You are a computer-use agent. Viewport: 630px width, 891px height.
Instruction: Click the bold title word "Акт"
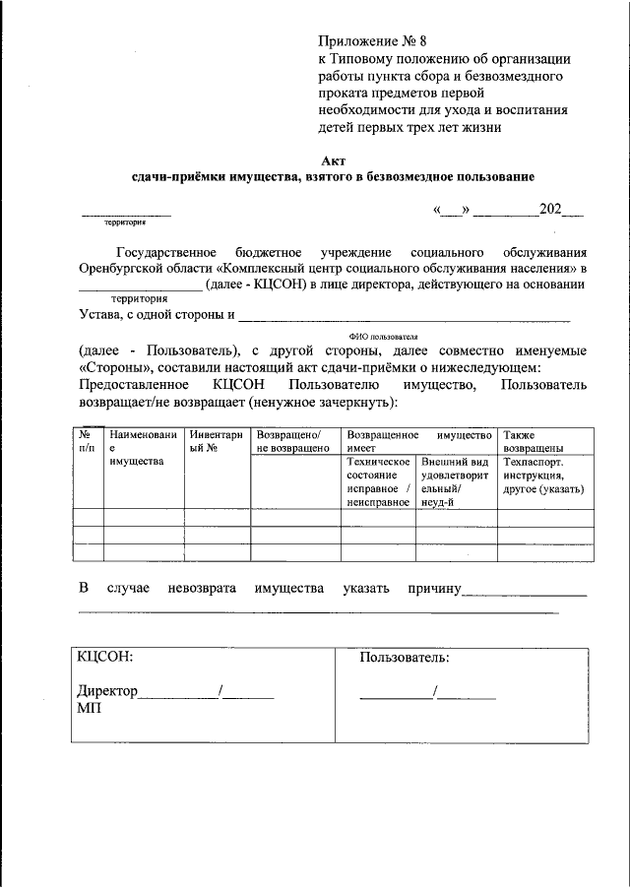pyautogui.click(x=334, y=159)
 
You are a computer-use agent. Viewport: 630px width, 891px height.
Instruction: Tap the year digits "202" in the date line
pyautogui.click(x=550, y=210)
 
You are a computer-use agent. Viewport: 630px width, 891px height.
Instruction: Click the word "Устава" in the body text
pyautogui.click(x=101, y=316)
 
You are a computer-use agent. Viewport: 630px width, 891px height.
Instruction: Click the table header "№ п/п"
pyautogui.click(x=88, y=440)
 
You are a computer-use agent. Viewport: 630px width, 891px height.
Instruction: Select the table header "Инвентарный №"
pyautogui.click(x=217, y=440)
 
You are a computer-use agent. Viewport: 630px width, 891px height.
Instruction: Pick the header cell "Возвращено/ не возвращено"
pyautogui.click(x=292, y=440)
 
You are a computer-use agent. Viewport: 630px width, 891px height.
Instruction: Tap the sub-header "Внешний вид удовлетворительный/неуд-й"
pyautogui.click(x=454, y=481)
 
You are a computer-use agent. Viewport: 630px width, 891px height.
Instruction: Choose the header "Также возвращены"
pyautogui.click(x=533, y=440)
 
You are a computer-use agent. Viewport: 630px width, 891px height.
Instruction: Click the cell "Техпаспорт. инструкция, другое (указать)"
pyautogui.click(x=543, y=475)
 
